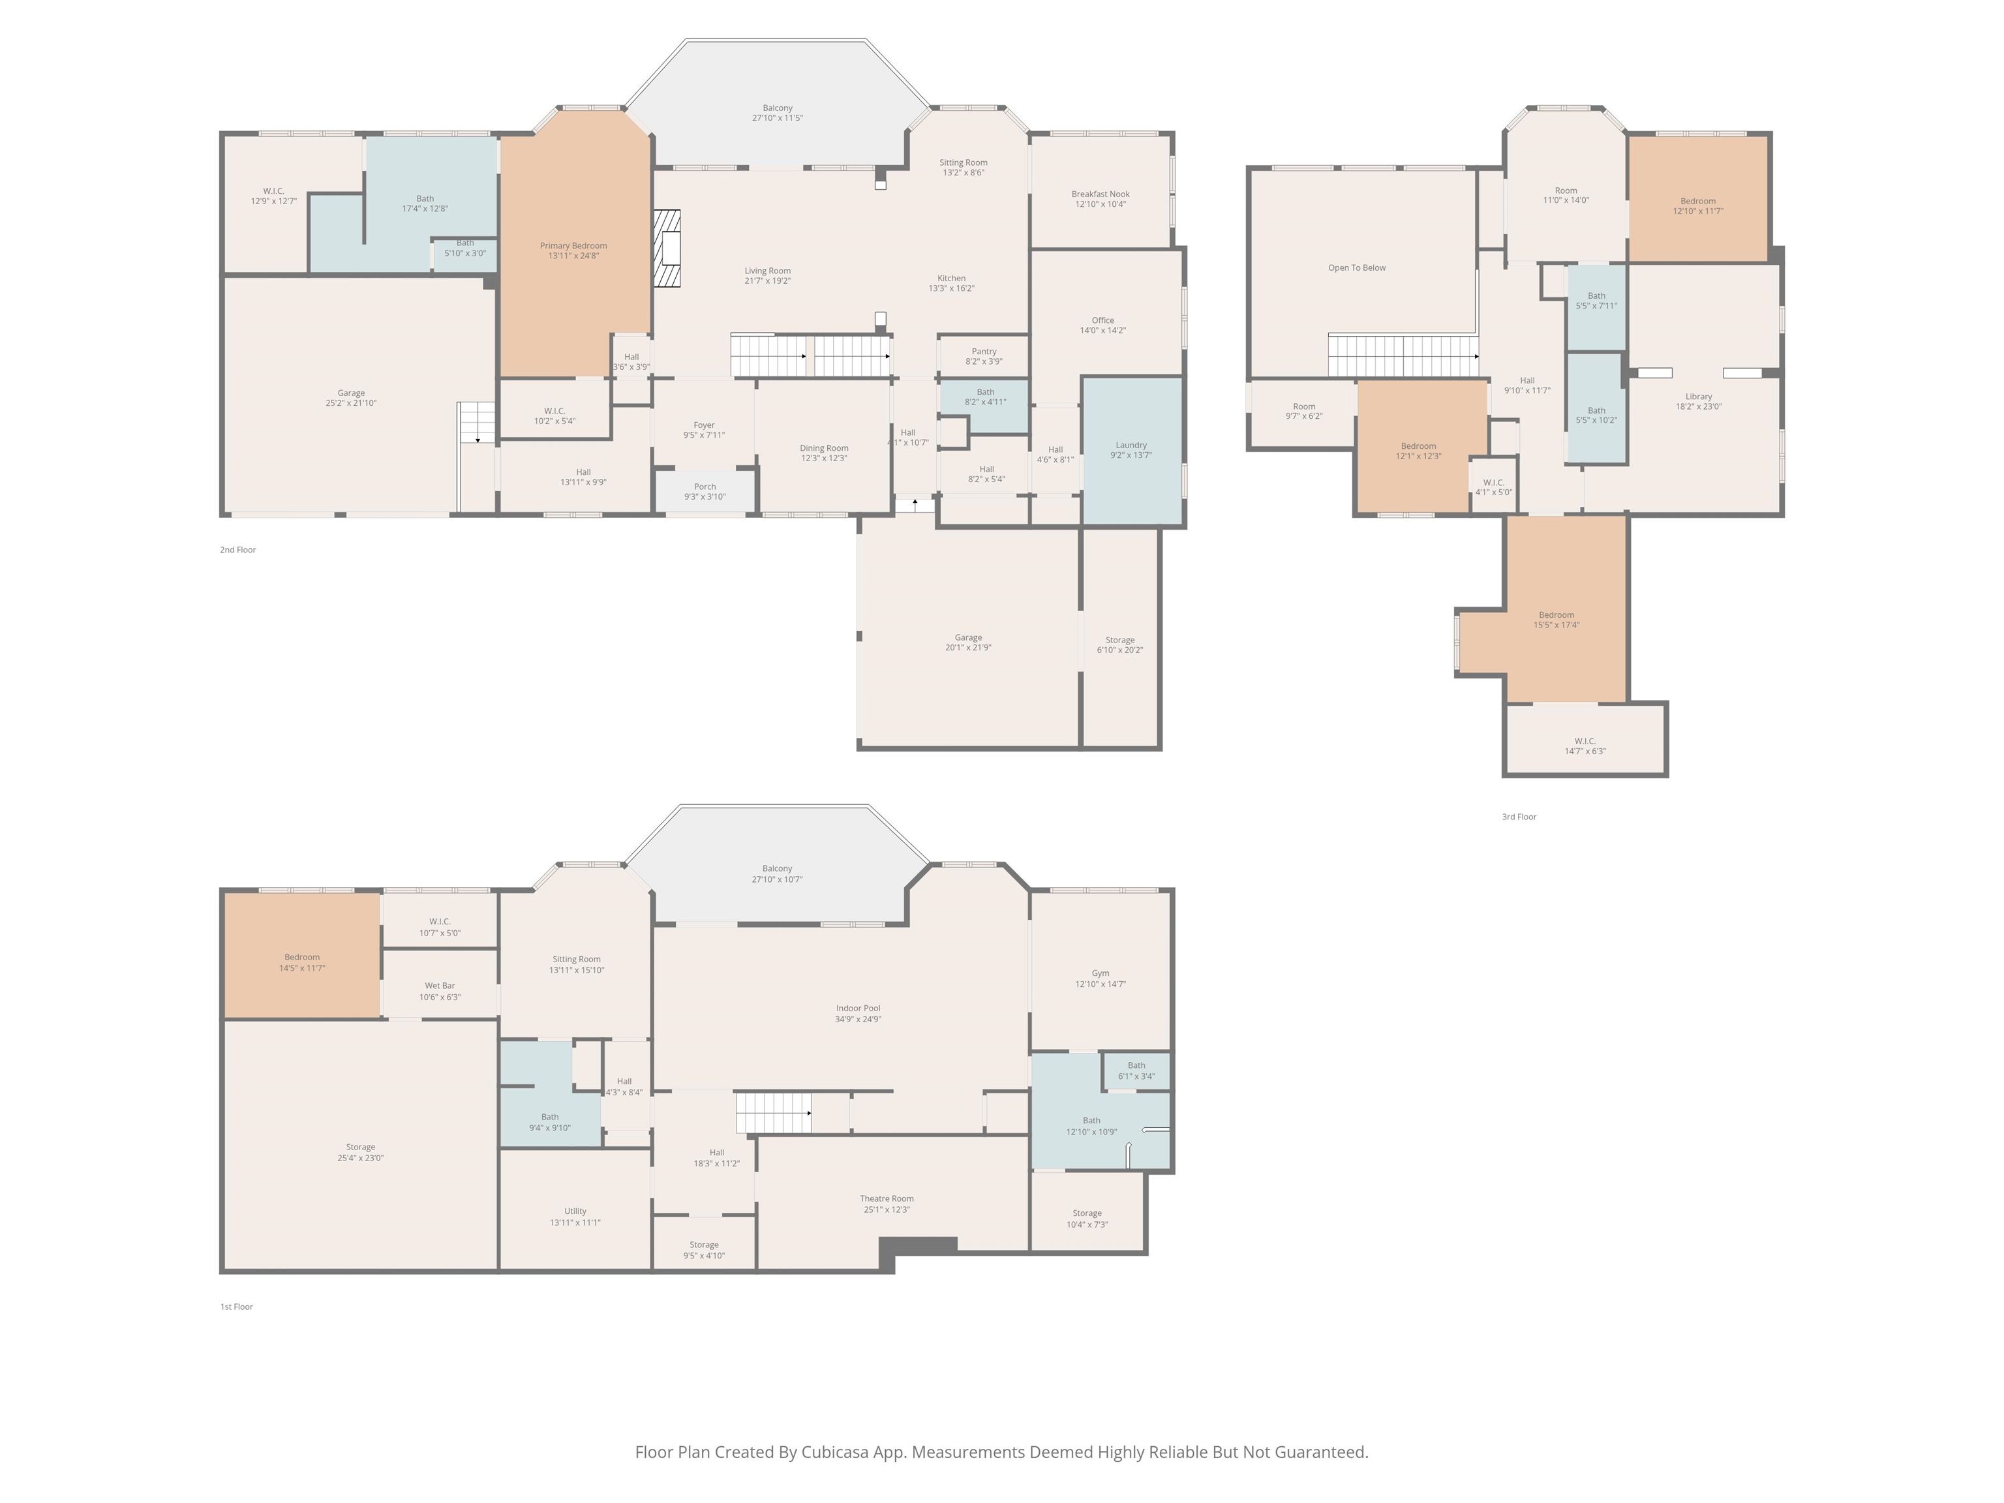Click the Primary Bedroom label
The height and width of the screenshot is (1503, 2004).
[573, 245]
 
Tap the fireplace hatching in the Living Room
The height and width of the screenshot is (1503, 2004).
[668, 249]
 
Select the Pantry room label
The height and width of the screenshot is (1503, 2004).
[984, 352]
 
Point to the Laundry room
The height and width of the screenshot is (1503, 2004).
[1132, 450]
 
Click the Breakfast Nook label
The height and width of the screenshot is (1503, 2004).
[1101, 194]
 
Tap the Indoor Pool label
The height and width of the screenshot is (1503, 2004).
[858, 1009]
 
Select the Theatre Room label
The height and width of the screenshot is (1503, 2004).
[887, 1198]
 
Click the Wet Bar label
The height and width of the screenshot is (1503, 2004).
[440, 986]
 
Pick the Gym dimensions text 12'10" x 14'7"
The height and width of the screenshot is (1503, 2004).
[1101, 984]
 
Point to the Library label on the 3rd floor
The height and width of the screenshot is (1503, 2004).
[1699, 396]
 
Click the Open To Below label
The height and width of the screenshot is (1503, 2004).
[1357, 267]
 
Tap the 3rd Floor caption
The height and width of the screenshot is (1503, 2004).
[1519, 816]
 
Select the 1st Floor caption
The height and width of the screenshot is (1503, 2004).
[236, 1307]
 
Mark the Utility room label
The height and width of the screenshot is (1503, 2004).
[575, 1211]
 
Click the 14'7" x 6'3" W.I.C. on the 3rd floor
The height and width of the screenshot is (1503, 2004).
[1585, 739]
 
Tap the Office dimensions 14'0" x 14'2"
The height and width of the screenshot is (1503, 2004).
[1102, 331]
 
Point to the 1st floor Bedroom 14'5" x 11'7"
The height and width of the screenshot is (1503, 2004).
[301, 956]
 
